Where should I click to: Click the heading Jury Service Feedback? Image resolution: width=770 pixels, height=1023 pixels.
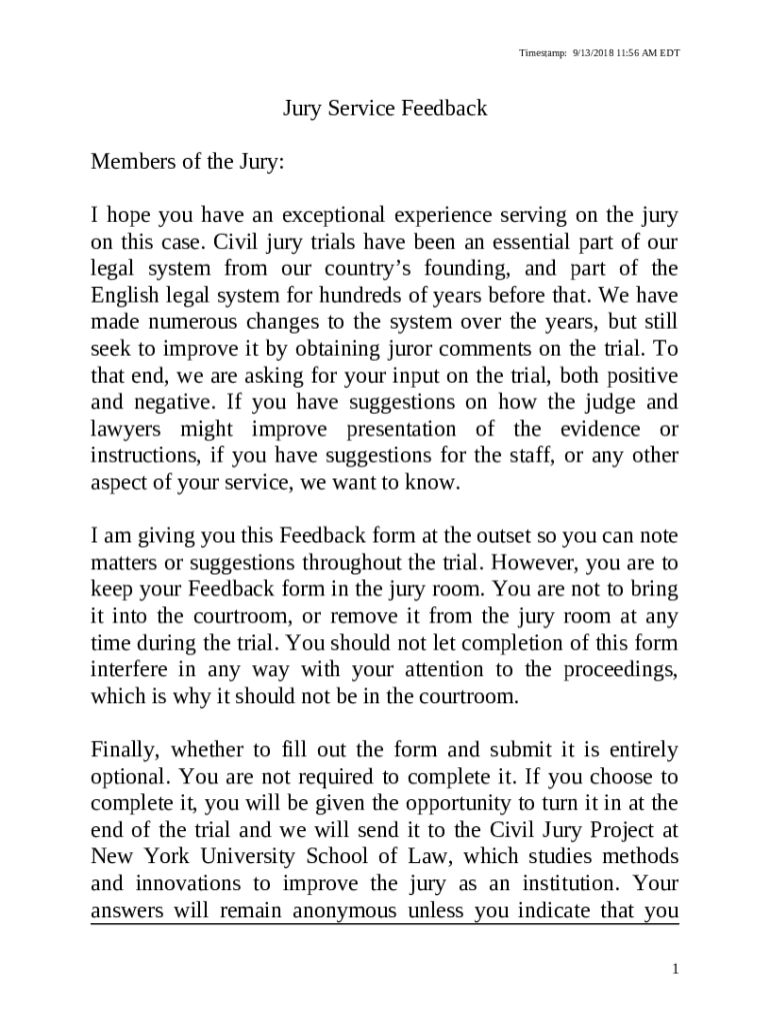(x=385, y=108)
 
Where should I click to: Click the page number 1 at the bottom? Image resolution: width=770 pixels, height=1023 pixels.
(x=676, y=969)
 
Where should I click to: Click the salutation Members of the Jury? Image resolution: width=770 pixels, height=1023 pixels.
(x=188, y=162)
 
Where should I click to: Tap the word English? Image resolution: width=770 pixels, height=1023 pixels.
(x=123, y=297)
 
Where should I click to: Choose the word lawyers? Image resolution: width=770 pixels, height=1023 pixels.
(x=126, y=431)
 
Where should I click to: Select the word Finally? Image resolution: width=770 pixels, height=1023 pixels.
(x=125, y=750)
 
